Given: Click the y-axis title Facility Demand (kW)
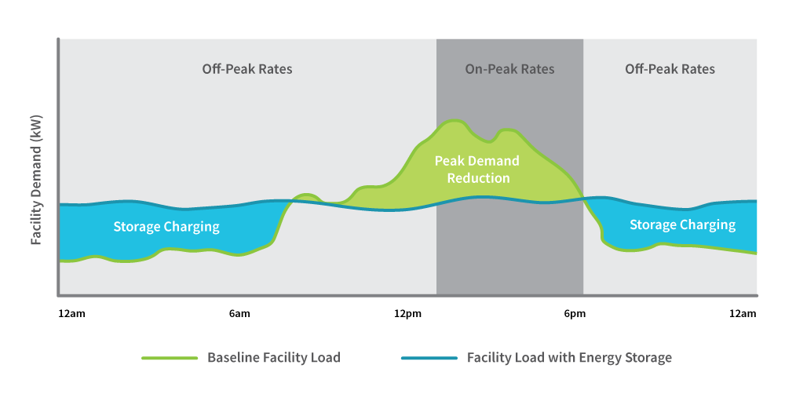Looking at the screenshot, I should (x=36, y=181).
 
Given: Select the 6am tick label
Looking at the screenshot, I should (x=239, y=314).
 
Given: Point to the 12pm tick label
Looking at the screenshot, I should (x=407, y=314).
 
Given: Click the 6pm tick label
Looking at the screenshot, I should (x=575, y=314).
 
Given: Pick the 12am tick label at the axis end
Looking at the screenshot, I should (x=743, y=314).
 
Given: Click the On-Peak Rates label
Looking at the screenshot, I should (x=509, y=69).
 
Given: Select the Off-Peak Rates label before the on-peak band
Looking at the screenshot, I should (x=247, y=69).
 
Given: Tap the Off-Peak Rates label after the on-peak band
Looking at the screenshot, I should (x=670, y=69).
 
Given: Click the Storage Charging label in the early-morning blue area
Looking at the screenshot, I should (x=166, y=227).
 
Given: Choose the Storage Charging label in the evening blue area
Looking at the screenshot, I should (x=682, y=225).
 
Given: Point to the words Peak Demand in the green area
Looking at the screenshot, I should (x=477, y=161).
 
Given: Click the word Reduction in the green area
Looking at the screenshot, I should (x=478, y=178).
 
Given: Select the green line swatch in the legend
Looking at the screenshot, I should (x=170, y=358).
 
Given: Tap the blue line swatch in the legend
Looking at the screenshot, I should (x=429, y=358).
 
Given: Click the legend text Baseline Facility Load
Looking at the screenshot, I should (x=273, y=358).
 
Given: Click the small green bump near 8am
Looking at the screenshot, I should (x=307, y=195).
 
